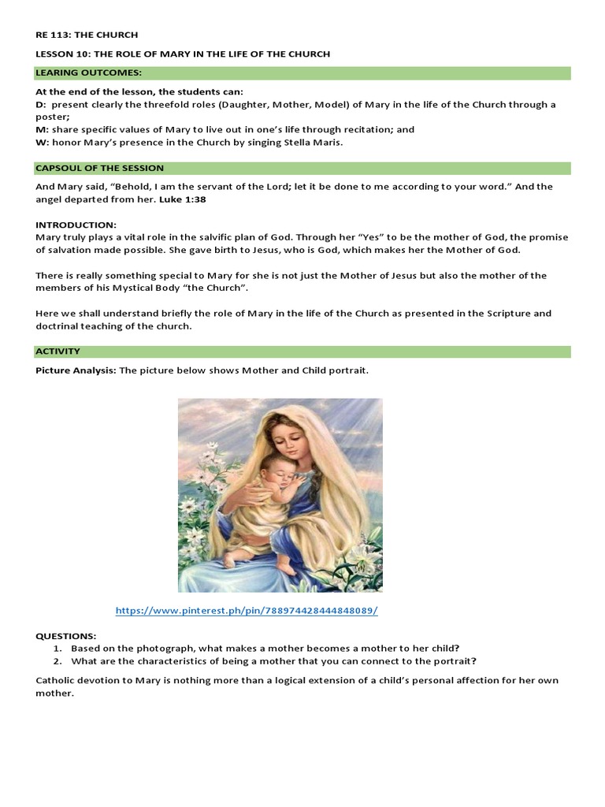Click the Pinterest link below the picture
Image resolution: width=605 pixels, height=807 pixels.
coord(247,611)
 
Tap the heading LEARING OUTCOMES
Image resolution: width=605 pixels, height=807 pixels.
coord(88,73)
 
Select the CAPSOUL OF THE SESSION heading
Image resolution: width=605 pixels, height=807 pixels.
coord(99,168)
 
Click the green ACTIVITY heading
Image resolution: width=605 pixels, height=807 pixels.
coord(58,351)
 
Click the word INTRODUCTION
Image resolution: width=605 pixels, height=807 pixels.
coord(76,225)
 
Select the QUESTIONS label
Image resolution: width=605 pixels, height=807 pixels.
coord(66,636)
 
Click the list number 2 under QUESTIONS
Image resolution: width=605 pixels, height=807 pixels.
coord(58,661)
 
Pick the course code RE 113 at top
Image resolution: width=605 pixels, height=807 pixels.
coord(53,35)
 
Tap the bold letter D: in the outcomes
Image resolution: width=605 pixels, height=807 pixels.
coord(41,104)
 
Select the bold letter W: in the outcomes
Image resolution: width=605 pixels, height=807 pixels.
coord(42,143)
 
